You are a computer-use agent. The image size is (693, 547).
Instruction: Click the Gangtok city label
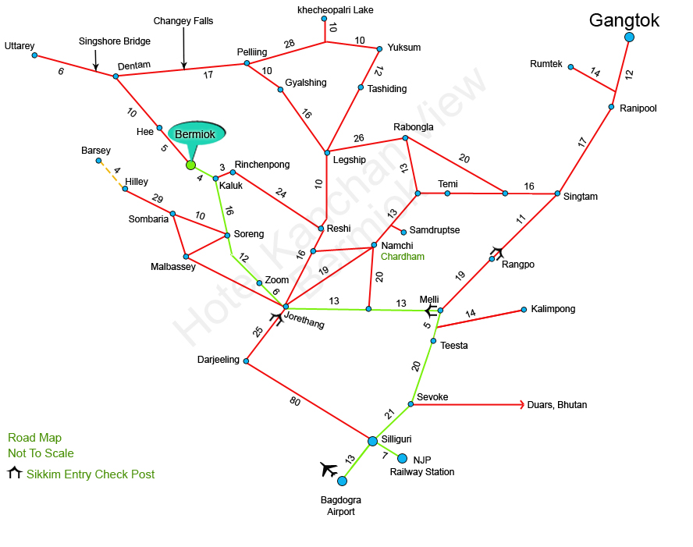[624, 20]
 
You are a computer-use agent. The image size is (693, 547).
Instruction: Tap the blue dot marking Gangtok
[629, 37]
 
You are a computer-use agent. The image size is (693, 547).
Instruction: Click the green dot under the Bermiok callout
[190, 165]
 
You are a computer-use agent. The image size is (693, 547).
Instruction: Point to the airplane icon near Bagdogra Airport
[329, 469]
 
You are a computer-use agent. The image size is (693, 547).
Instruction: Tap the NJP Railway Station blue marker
[403, 458]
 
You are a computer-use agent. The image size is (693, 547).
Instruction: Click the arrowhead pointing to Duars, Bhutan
[521, 405]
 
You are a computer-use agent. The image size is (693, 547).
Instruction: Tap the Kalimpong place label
[553, 309]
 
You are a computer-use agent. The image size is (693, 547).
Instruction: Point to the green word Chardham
[403, 257]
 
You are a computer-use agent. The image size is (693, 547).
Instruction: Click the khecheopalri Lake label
[336, 10]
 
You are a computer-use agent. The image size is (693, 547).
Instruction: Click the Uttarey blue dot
[34, 55]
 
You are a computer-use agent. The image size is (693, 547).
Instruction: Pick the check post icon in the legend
[15, 474]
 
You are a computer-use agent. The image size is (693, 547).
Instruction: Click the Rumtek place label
[546, 64]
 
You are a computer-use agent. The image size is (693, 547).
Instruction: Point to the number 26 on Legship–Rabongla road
[358, 139]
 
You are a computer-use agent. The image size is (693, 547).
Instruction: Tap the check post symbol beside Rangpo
[497, 251]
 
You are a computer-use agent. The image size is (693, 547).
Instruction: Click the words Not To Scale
[41, 453]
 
